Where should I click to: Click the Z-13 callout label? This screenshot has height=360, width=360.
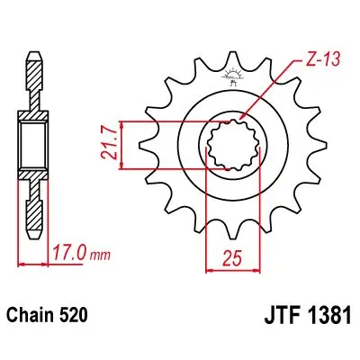(x=323, y=60)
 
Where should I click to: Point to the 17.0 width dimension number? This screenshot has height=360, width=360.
(x=70, y=253)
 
